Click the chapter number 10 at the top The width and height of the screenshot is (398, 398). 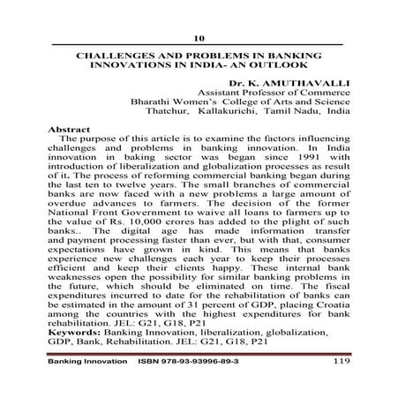[199, 38]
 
